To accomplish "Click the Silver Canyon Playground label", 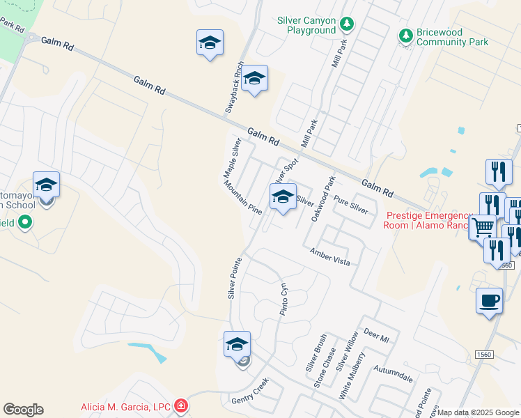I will pos(306,26).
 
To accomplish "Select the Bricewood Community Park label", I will pos(452,37).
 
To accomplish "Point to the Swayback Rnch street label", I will pos(233,88).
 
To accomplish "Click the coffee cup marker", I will pos(489,301).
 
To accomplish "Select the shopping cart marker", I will pos(483,226).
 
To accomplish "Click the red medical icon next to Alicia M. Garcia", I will pos(181,405).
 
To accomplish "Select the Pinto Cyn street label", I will pos(283,299).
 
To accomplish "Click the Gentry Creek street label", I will pos(249,394).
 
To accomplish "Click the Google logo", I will pos(23,410).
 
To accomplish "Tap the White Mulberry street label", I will pos(352,376).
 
